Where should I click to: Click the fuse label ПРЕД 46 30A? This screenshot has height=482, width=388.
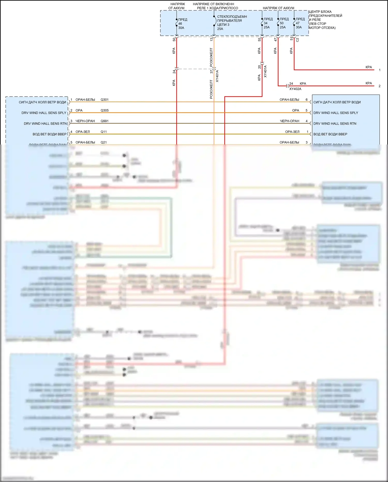pos(182,24)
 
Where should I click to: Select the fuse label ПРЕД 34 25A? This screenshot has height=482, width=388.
pos(268,23)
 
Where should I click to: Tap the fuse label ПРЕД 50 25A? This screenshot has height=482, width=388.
pos(284,23)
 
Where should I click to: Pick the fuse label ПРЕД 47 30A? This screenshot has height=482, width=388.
pos(300,23)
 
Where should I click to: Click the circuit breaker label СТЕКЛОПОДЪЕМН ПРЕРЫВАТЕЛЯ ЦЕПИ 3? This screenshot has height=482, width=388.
pos(232,23)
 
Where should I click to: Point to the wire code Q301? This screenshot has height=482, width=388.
pos(105,100)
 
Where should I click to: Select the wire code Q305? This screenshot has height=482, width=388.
pos(105,110)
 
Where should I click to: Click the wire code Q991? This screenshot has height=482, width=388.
pos(105,121)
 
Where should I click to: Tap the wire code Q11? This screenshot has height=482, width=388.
pos(103,132)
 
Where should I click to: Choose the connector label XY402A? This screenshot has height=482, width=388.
pos(295,89)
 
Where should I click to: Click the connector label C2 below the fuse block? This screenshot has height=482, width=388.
pos(297,40)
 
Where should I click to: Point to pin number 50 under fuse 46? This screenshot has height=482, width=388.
pos(174,40)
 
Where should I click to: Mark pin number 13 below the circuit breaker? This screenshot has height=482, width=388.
pos(211,39)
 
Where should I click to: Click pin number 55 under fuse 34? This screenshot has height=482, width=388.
pos(259,40)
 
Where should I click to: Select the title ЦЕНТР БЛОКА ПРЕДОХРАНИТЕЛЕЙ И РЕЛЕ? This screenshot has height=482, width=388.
pos(325,20)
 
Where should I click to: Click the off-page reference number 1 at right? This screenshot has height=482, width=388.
pos(379,70)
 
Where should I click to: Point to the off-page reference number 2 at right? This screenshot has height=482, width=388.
pos(379,86)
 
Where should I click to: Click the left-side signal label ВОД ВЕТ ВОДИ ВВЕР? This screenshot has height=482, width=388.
pos(49,134)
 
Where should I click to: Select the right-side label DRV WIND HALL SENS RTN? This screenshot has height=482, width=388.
pos(335,124)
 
